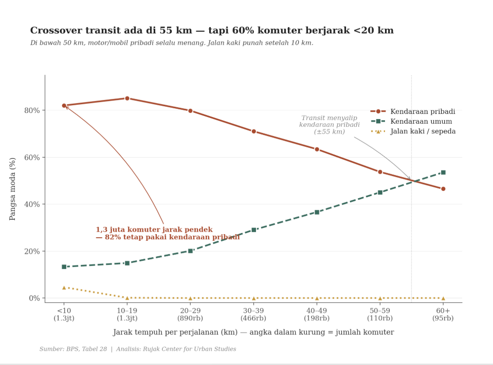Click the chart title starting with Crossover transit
(212, 31)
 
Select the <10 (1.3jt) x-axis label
(64, 314)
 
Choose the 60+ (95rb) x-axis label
(443, 314)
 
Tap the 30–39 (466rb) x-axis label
(253, 314)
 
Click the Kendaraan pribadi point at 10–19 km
(127, 98)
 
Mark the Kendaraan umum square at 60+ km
(443, 172)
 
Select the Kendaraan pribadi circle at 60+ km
(443, 189)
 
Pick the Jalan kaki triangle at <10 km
(64, 287)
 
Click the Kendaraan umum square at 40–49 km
(317, 212)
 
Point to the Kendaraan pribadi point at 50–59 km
(380, 172)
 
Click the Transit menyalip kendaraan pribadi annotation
(329, 125)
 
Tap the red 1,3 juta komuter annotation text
(168, 234)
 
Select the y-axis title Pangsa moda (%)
(13, 189)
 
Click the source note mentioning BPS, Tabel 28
(138, 349)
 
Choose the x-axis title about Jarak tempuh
(253, 332)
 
